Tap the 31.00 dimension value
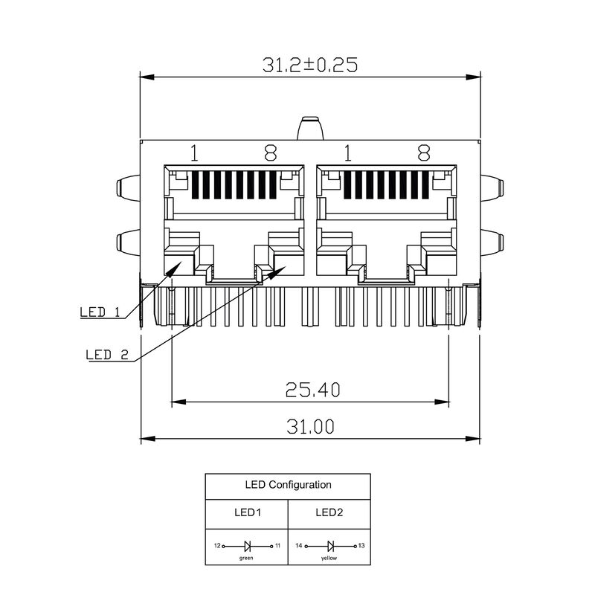pos(310,426)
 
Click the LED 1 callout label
pos(100,312)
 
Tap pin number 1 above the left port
pos(194,153)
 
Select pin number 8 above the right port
pos(423,153)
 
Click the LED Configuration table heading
pos(288,485)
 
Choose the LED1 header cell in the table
pos(246,512)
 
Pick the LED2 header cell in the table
pos(329,512)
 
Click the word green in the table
pos(246,557)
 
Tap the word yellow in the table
pos(329,557)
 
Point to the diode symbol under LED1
pos(246,546)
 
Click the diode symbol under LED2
pos(329,546)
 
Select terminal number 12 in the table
pos(216,546)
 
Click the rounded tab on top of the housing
pos(310,128)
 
